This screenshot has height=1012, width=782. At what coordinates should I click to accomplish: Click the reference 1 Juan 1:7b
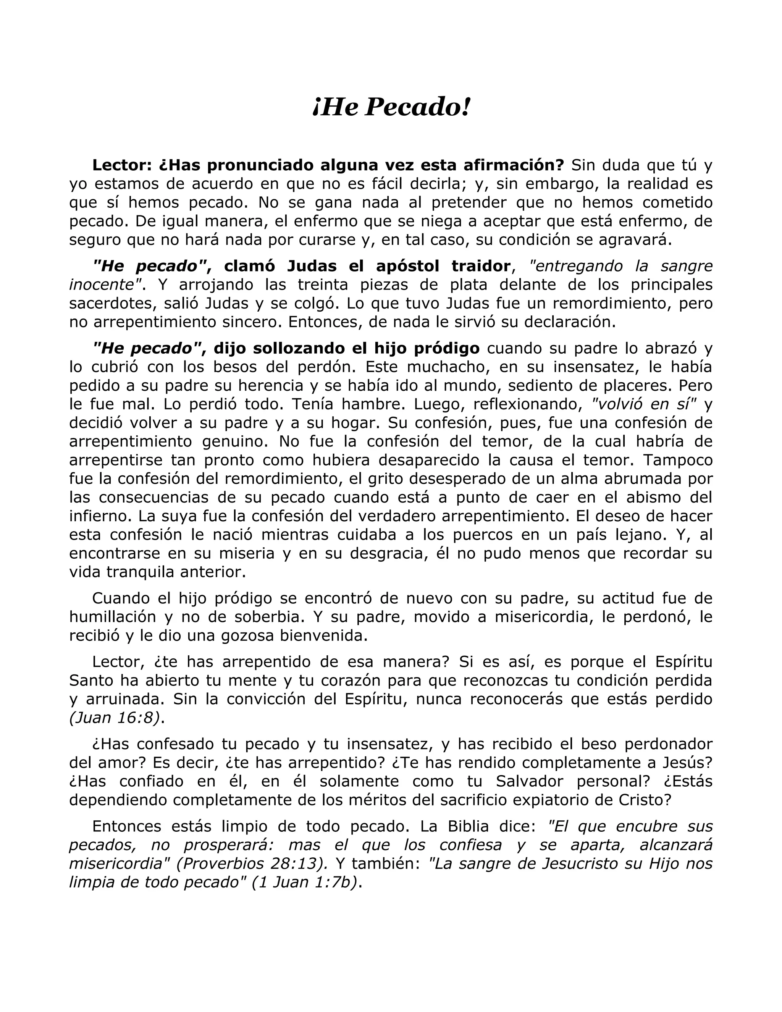[305, 882]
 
